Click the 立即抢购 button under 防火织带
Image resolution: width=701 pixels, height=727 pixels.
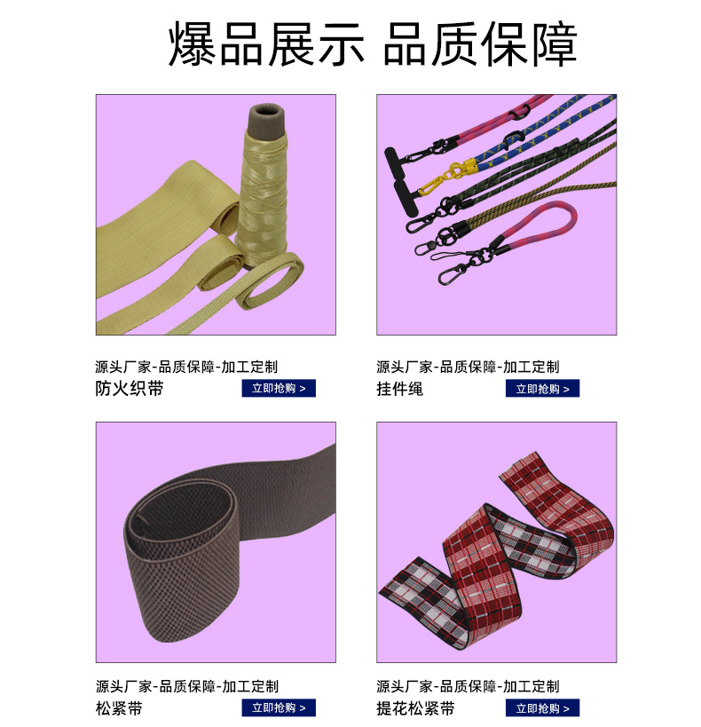pyautogui.click(x=279, y=388)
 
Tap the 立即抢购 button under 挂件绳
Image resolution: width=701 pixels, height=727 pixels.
pyautogui.click(x=542, y=388)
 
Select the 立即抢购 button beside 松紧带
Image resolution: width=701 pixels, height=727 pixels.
pyautogui.click(x=279, y=707)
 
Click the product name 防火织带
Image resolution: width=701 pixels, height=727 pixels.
pyautogui.click(x=129, y=388)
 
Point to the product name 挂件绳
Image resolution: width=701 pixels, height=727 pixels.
pyautogui.click(x=399, y=388)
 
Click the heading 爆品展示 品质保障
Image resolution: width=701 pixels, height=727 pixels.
pyautogui.click(x=373, y=44)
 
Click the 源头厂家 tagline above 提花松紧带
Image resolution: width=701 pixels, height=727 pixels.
pyautogui.click(x=468, y=686)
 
